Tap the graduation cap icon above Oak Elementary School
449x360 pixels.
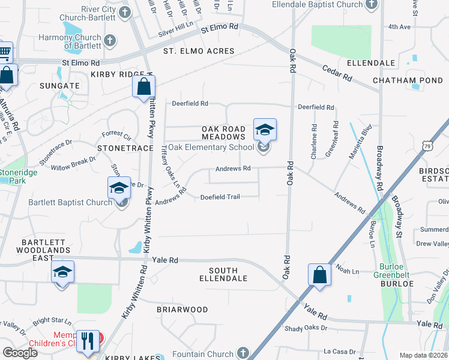pos(265,129)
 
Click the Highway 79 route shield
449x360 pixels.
pos(427,145)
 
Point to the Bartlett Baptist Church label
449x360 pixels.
pos(70,202)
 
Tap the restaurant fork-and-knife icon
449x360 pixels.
pos(88,340)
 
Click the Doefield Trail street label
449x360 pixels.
pos(220,196)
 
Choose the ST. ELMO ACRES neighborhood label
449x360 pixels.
pos(199,51)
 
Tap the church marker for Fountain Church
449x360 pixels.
pos(243,352)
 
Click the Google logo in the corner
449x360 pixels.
pos(20,352)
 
